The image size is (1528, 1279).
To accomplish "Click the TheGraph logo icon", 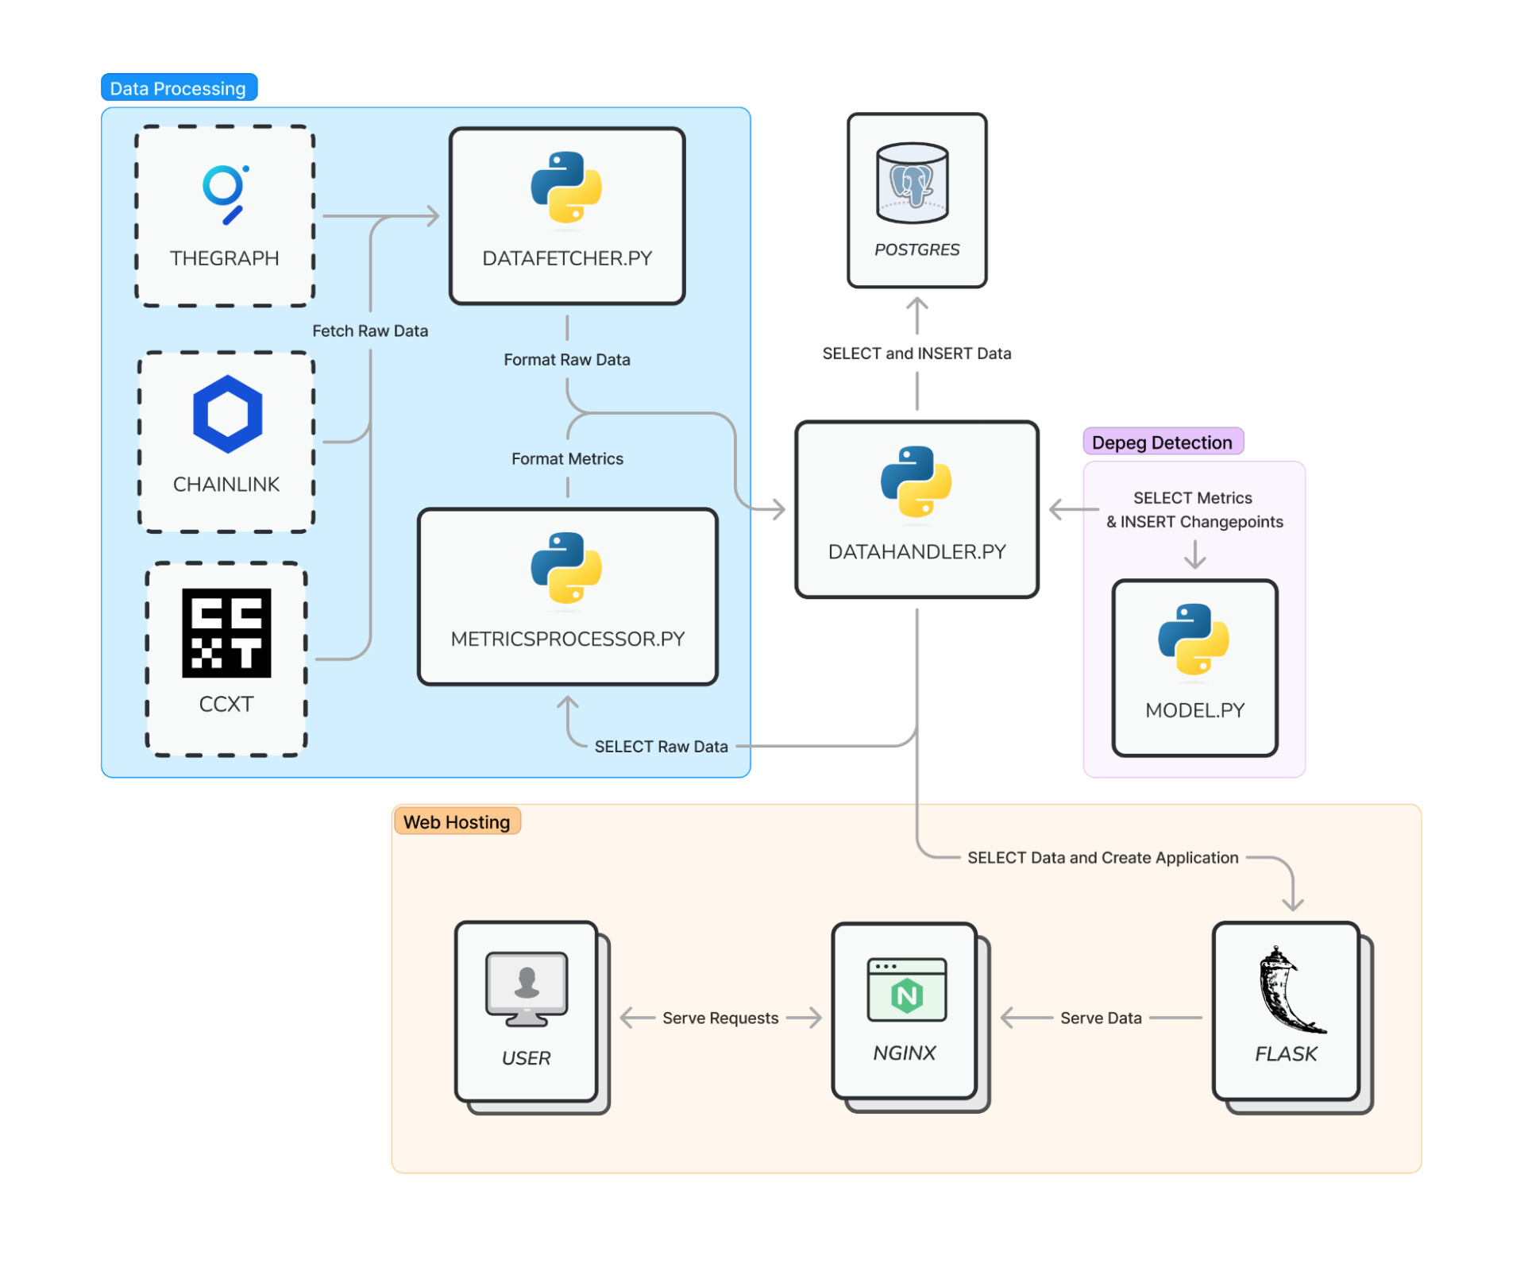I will pyautogui.click(x=226, y=194).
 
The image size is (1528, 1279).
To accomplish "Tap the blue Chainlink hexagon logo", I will pyautogui.click(x=227, y=414).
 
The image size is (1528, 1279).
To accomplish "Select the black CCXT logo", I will pyautogui.click(x=226, y=633).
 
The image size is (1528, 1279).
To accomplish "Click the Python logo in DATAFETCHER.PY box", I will pyautogui.click(x=566, y=187).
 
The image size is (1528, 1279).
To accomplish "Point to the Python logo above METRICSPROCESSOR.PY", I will pyautogui.click(x=566, y=568).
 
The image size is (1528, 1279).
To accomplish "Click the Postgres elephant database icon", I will pyautogui.click(x=913, y=184).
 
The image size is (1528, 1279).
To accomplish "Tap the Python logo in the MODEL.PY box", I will pyautogui.click(x=1194, y=639).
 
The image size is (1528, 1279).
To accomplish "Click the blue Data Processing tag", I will pyautogui.click(x=179, y=88).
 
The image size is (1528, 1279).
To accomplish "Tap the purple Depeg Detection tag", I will pyautogui.click(x=1163, y=442).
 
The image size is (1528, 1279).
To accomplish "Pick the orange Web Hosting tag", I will pyautogui.click(x=457, y=822).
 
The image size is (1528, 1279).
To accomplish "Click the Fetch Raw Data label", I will pyautogui.click(x=370, y=331).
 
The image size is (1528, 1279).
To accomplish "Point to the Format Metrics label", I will pyautogui.click(x=567, y=459).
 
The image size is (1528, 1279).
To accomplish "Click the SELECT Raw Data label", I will pyautogui.click(x=661, y=747).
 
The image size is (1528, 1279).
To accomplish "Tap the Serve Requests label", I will pyautogui.click(x=720, y=1018).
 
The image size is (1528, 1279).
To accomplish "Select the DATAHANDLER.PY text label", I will pyautogui.click(x=917, y=552).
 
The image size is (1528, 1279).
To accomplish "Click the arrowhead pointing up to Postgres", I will pyautogui.click(x=917, y=304).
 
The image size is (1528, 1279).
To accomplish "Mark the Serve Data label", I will pyautogui.click(x=1101, y=1018).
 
